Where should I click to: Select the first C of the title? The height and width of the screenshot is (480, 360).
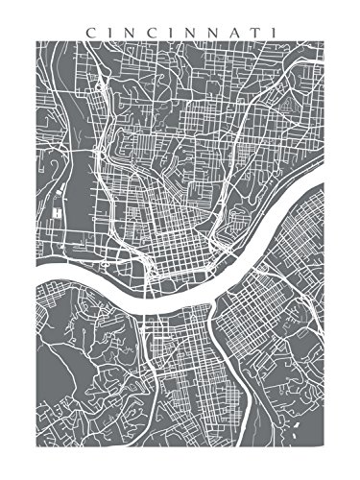tap(90, 32)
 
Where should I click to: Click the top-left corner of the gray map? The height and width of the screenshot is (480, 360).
tap(36, 43)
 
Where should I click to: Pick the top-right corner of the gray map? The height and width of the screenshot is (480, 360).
tap(325, 43)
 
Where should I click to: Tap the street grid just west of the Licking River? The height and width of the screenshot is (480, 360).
tap(182, 346)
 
